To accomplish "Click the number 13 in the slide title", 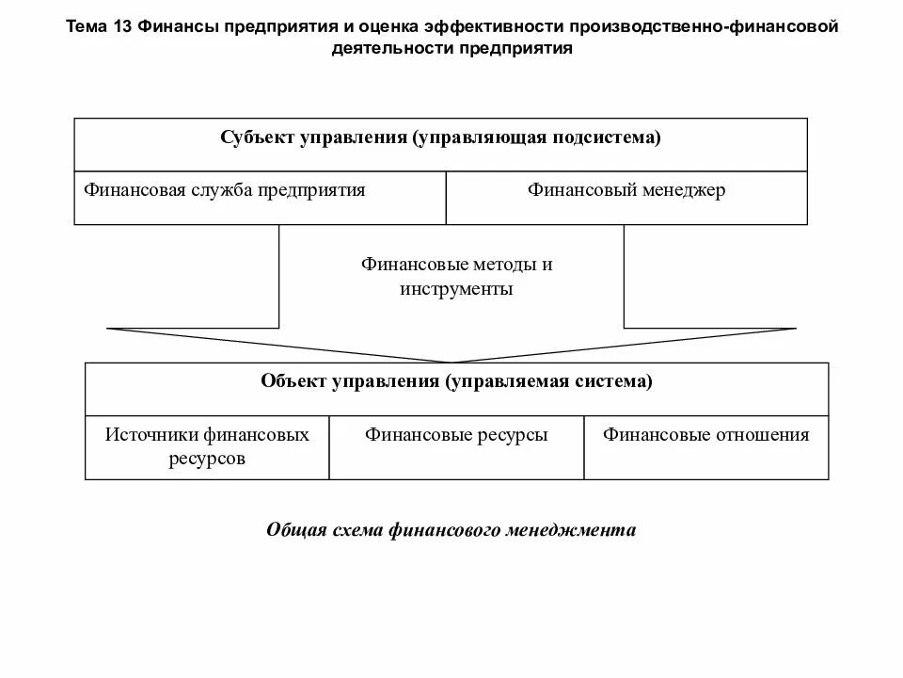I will tap(121, 26).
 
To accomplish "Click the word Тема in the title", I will tap(87, 26).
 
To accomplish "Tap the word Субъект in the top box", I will tap(257, 137).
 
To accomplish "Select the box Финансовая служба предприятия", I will tap(260, 198).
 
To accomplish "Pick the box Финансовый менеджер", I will tap(626, 198).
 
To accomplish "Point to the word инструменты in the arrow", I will tap(456, 289).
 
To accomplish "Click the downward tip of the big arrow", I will tap(451, 361).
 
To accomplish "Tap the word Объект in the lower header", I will tap(293, 381).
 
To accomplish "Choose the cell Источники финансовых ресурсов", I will tap(207, 447).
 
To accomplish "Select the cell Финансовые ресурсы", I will tap(456, 447).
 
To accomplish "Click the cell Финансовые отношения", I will tap(706, 447).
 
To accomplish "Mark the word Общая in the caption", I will tap(294, 530).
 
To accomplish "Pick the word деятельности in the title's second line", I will tap(391, 48).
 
